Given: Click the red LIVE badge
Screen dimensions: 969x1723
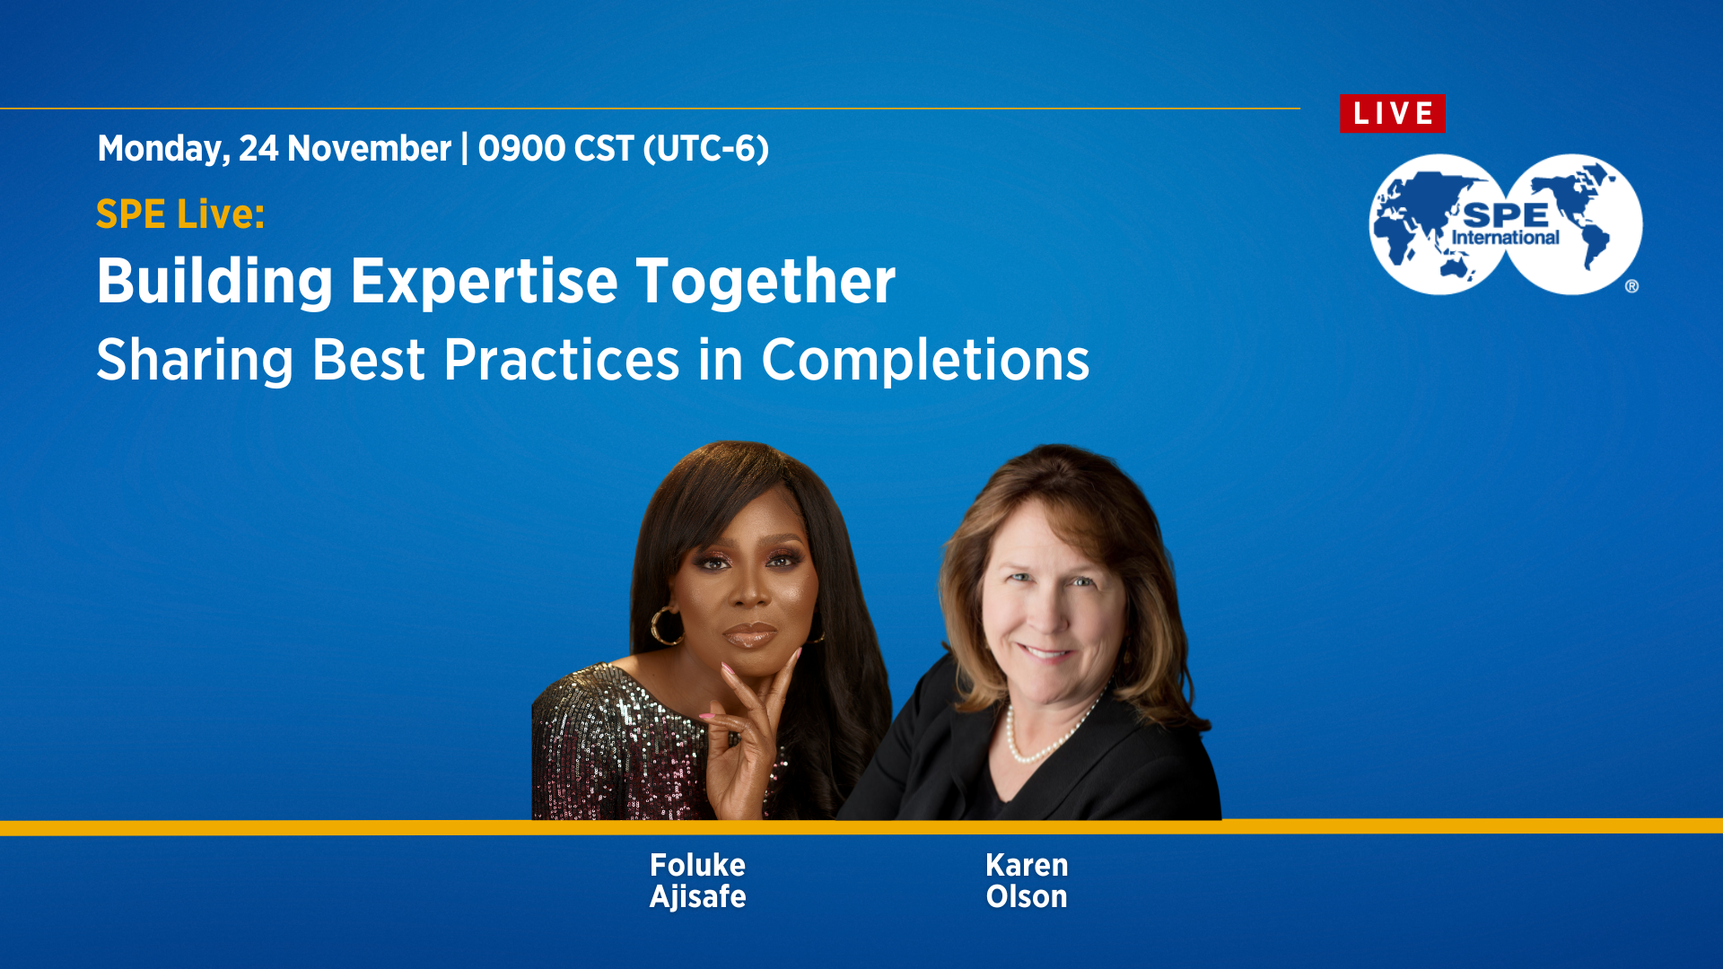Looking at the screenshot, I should tap(1392, 114).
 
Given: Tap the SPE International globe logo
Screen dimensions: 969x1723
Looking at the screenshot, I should tap(1505, 224).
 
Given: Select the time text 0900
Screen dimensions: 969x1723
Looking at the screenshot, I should tap(520, 149).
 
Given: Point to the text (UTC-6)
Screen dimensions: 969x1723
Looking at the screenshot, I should tap(705, 149).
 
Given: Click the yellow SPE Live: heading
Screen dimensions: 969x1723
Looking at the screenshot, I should tap(180, 214).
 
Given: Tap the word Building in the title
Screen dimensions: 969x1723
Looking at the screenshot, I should tap(214, 282).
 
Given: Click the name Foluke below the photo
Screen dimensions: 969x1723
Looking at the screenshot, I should tap(697, 865).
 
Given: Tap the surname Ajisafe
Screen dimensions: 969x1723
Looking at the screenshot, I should tap(697, 896).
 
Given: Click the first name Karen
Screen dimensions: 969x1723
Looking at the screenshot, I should tap(1027, 865).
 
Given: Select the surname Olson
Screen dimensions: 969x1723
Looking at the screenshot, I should tap(1027, 896).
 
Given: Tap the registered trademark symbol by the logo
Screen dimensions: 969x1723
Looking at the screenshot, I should tap(1631, 286).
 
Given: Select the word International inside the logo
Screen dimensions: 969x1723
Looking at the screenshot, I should tap(1505, 238).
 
